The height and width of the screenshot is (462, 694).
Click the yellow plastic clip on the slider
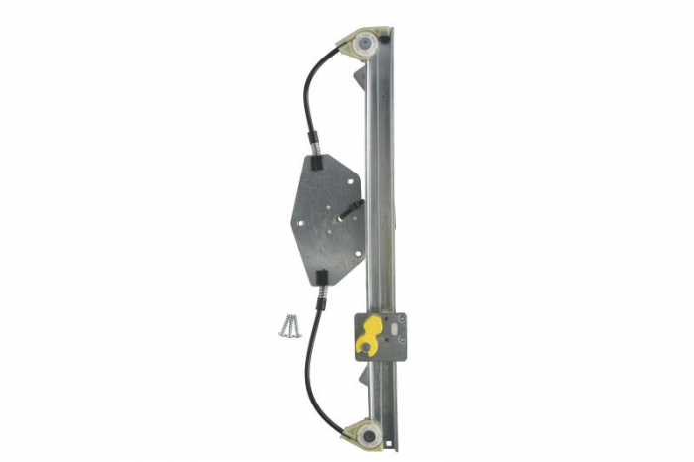tap(368, 335)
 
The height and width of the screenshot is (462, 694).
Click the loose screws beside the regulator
tap(288, 324)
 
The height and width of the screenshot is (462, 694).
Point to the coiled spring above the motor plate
tap(312, 149)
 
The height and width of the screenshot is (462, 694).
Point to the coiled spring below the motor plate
tap(320, 291)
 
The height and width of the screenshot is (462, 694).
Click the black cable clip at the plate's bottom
tap(323, 276)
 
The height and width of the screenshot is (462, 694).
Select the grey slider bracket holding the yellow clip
tap(381, 338)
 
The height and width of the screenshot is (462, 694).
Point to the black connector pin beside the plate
tap(351, 208)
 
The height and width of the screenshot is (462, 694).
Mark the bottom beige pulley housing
tap(363, 430)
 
